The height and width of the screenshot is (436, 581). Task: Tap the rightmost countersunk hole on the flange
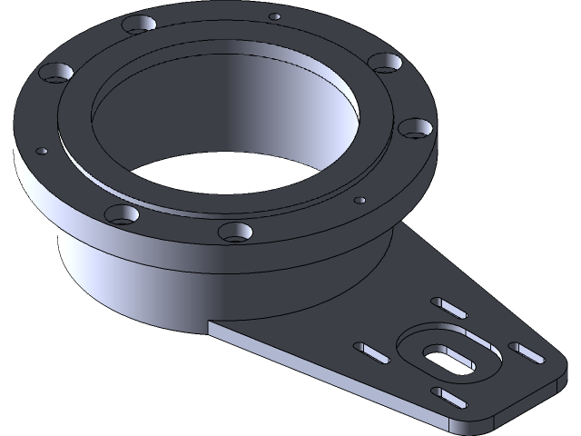[414, 128]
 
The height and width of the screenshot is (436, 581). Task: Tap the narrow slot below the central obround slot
[448, 396]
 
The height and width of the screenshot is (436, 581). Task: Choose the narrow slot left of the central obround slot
[373, 352]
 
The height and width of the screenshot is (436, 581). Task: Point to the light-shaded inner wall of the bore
[300, 109]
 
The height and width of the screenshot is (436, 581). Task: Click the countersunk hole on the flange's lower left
[120, 214]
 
